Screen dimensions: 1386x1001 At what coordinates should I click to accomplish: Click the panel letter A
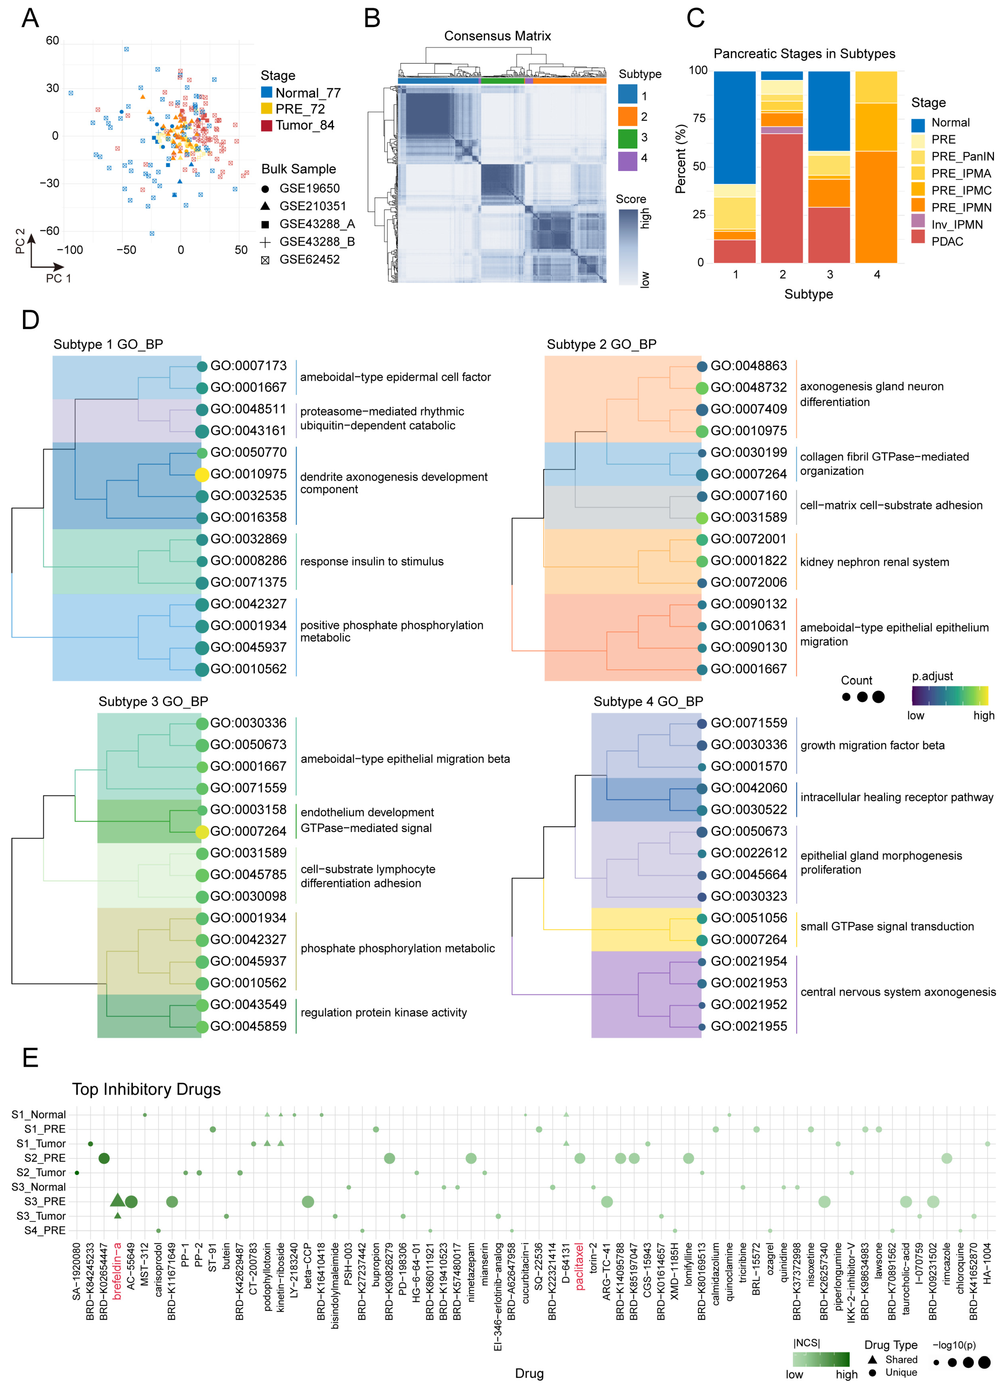click(x=30, y=18)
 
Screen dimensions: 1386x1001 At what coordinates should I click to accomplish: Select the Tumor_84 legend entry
click(x=304, y=125)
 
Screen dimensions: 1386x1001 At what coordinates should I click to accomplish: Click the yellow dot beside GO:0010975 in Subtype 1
click(x=202, y=474)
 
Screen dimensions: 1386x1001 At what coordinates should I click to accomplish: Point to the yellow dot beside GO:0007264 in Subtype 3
click(x=202, y=831)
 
